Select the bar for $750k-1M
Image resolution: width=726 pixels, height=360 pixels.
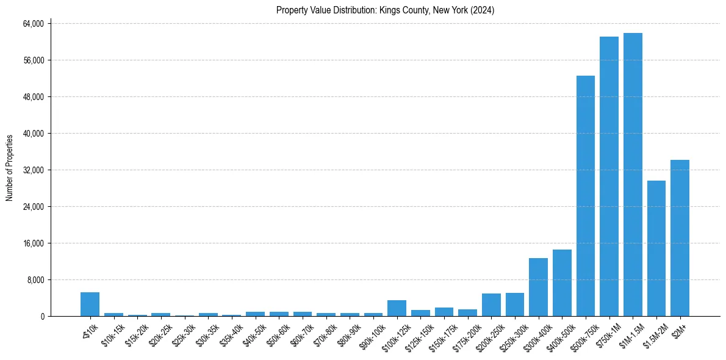[x=609, y=176]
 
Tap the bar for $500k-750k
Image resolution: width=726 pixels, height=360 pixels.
[x=586, y=196]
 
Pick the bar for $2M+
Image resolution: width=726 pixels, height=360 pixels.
[x=680, y=238]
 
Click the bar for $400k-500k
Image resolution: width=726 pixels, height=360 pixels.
[x=562, y=283]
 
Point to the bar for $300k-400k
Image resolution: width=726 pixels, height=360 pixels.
[x=538, y=287]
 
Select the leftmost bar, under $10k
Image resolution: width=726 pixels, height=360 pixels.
[x=90, y=304]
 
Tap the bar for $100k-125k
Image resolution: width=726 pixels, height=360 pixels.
[x=397, y=308]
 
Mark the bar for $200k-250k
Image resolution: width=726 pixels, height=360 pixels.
[x=491, y=304]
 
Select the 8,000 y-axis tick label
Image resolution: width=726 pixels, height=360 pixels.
[x=34, y=280]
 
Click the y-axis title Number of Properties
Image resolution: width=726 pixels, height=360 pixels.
[x=10, y=168]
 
